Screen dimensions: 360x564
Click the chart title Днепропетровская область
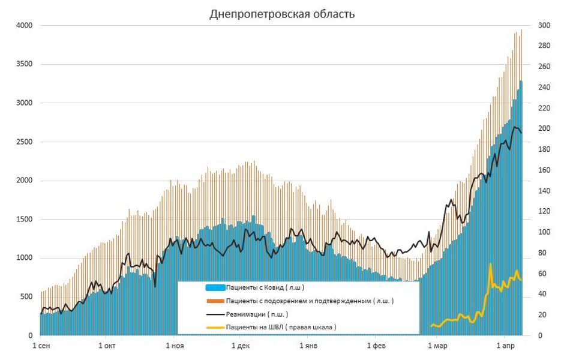282,14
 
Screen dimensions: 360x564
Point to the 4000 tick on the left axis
24,26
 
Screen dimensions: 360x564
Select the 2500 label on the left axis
24,142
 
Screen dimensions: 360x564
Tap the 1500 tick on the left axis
24,220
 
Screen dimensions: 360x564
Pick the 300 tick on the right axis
543,26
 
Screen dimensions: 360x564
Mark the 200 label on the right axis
543,129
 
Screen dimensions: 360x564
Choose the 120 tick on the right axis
543,212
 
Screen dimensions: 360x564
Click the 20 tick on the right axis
541,315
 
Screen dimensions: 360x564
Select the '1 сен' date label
41,346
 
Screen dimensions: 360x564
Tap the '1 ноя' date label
173,346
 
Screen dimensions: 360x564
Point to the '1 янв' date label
308,346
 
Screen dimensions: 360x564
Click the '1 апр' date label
505,346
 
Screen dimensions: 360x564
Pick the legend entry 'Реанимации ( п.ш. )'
257,314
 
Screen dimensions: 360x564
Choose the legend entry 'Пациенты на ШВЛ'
281,327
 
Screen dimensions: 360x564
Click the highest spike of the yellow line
490,264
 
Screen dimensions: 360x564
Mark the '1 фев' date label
376,346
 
